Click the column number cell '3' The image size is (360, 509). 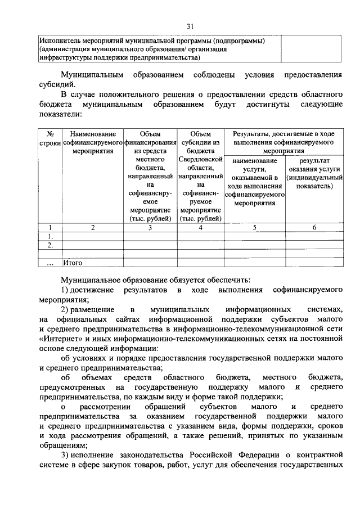point(150,227)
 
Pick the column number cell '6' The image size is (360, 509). point(314,227)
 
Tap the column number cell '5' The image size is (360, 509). point(255,227)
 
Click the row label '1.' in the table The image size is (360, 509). point(50,236)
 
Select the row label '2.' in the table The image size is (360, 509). point(50,245)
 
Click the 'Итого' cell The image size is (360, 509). point(73,262)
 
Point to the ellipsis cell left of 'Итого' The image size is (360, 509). point(50,262)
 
